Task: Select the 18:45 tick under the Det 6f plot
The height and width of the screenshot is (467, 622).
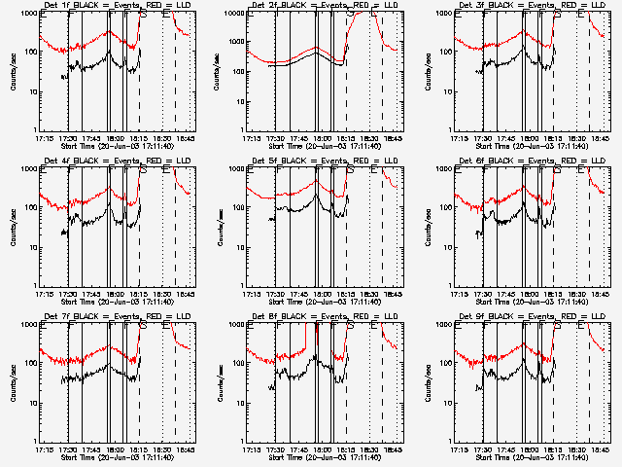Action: click(x=602, y=293)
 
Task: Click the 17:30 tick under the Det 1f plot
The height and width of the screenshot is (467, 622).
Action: click(x=68, y=137)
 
